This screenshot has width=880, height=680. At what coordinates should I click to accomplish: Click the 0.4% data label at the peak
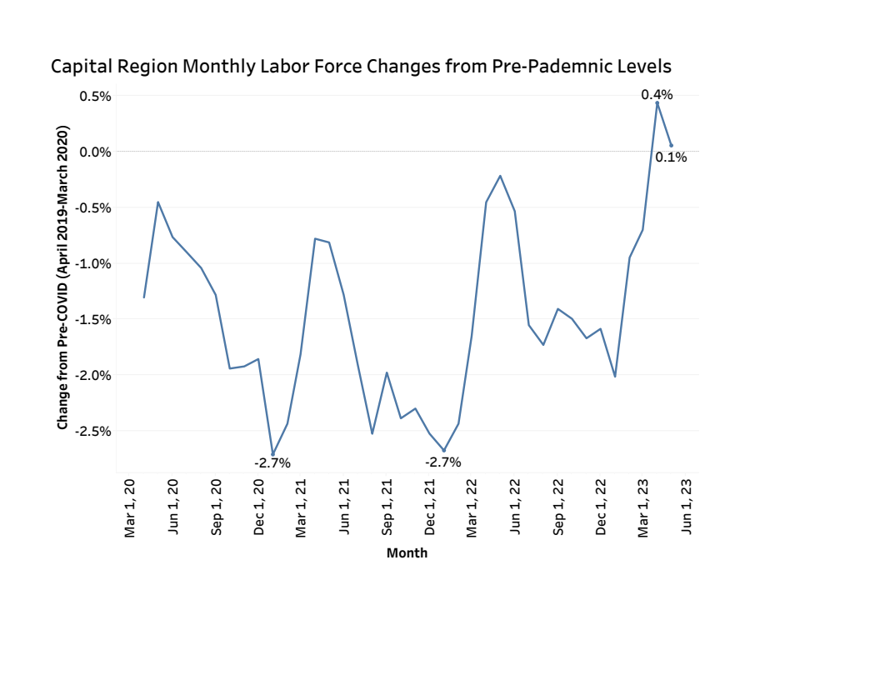point(657,95)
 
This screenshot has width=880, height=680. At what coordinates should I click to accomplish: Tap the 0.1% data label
point(671,157)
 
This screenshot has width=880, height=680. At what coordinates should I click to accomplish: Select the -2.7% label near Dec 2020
point(272,463)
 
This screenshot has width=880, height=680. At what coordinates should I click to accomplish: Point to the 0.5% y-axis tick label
point(95,96)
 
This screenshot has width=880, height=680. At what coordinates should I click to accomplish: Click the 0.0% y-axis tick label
point(95,152)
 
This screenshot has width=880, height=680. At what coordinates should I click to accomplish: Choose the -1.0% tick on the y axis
point(93,263)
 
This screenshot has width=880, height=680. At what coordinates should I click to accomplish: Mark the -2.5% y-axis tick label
point(93,431)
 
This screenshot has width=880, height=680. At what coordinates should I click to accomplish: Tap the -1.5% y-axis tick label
point(93,319)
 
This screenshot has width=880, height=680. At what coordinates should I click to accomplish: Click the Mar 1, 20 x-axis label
point(130,508)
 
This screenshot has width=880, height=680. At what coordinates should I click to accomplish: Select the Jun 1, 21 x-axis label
point(344,508)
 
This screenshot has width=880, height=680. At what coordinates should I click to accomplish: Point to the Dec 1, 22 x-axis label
point(601,508)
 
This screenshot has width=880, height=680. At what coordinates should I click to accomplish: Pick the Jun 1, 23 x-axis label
point(687,508)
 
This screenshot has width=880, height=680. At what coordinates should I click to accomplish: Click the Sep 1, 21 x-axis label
point(387,508)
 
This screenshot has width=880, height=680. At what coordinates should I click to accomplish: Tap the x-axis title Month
point(407,553)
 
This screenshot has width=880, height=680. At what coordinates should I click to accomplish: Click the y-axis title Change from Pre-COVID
point(62,277)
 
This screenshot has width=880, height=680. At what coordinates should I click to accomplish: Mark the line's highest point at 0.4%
point(657,102)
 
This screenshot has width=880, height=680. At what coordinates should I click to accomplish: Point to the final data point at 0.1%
point(671,146)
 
